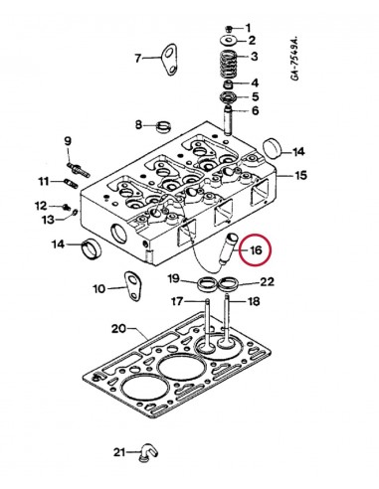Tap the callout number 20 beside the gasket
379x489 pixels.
coord(116,329)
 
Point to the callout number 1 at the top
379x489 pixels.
coord(250,26)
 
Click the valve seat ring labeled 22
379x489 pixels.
coord(232,288)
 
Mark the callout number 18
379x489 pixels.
coord(253,301)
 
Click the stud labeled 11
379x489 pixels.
coord(73,182)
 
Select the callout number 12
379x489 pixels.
coord(42,205)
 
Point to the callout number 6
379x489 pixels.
coord(255,111)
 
